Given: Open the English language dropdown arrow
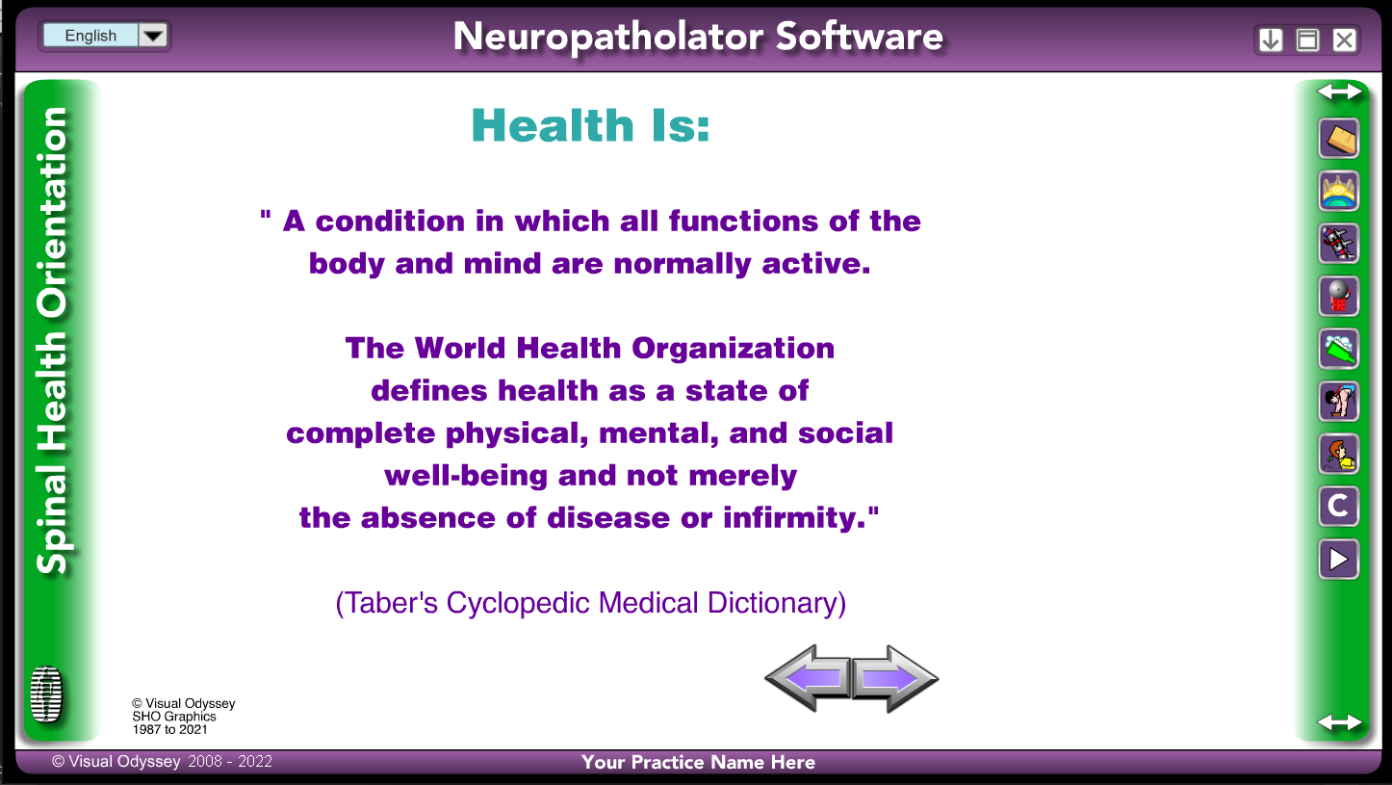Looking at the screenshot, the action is click(153, 36).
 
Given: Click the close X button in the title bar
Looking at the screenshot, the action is click(1344, 39).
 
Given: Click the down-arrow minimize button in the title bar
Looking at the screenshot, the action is click(1270, 39).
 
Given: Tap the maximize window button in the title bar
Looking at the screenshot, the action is click(1307, 39).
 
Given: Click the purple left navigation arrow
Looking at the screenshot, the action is click(808, 678).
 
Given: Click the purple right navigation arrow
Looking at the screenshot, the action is click(895, 678).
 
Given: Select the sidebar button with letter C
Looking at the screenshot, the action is click(1338, 506).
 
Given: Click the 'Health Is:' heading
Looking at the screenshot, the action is click(590, 125).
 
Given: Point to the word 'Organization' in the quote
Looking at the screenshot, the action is click(733, 348).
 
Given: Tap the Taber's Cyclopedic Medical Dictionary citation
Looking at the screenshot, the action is click(590, 603).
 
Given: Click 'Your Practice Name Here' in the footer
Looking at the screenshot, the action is click(698, 762).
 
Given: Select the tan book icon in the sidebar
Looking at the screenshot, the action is click(1338, 138).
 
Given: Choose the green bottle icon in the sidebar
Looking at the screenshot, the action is click(1338, 349).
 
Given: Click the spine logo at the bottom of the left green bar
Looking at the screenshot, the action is click(46, 694).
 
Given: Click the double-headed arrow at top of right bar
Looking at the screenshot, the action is click(1339, 92).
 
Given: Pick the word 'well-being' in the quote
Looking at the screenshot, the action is click(466, 476).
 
